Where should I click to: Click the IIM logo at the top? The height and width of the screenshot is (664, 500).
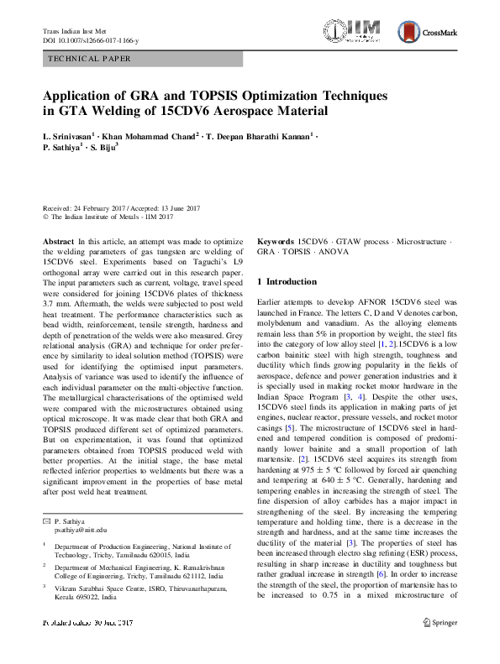click(x=361, y=34)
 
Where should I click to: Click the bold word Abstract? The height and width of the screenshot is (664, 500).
click(x=56, y=241)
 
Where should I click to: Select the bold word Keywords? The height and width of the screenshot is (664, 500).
click(x=276, y=241)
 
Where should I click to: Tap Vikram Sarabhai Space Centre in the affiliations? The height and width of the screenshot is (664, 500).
click(x=103, y=590)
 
